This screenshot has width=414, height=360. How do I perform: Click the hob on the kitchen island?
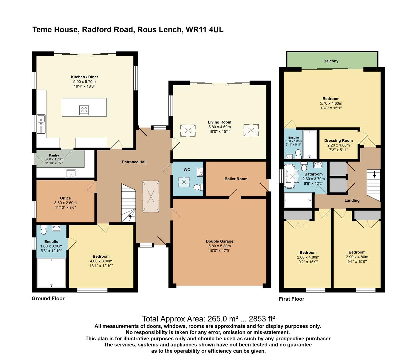84,110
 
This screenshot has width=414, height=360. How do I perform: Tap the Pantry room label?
54,155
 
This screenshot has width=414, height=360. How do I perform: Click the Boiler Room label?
236,179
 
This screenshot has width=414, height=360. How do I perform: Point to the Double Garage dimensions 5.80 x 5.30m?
220,246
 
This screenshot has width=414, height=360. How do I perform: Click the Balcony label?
331,61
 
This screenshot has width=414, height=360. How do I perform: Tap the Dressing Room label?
338,140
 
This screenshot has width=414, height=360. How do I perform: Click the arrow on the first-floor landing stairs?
374,174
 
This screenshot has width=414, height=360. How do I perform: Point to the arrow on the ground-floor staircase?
132,216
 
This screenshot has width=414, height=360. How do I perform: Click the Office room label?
65,198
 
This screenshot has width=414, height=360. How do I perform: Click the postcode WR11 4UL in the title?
205,30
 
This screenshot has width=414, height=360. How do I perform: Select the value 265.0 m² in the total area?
222,319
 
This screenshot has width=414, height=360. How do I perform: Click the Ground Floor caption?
48,298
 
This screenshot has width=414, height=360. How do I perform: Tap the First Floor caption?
291,299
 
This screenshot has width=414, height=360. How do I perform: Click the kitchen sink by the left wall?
41,124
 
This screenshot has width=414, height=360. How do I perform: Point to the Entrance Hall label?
134,162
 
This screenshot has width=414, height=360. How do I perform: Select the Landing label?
352,200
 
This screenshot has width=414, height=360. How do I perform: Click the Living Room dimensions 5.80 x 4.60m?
220,127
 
